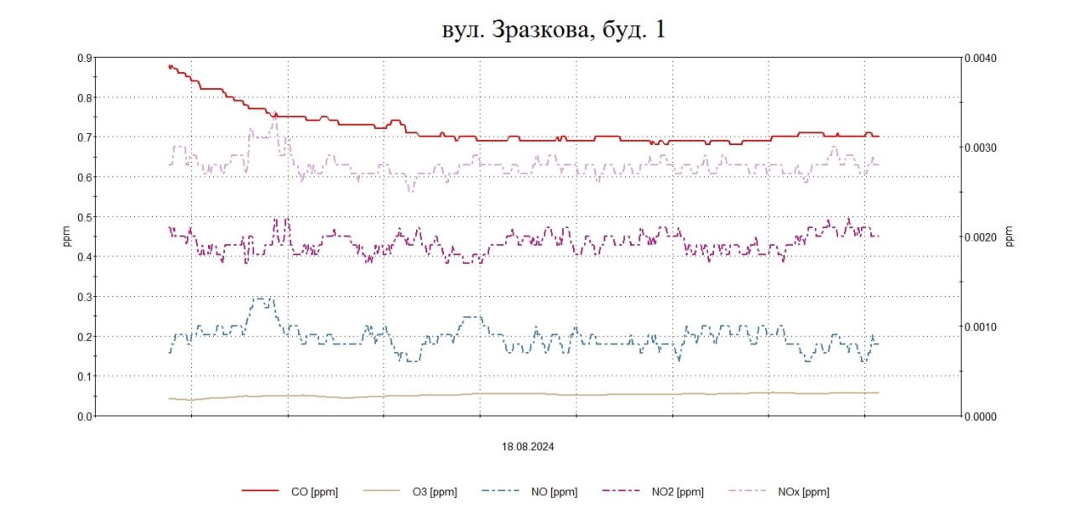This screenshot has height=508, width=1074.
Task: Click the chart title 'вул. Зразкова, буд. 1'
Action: pyautogui.click(x=554, y=30)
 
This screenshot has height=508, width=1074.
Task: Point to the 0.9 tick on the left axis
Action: pyautogui.click(x=85, y=58)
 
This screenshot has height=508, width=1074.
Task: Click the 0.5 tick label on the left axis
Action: pyautogui.click(x=85, y=217)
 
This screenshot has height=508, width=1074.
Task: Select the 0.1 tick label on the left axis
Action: pyautogui.click(x=85, y=376)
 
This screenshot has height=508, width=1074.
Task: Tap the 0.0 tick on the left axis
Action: pyautogui.click(x=85, y=416)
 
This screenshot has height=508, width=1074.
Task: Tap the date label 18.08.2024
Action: pyautogui.click(x=526, y=448)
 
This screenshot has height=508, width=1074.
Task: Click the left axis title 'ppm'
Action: pyautogui.click(x=67, y=237)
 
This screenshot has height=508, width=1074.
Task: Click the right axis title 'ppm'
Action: pyautogui.click(x=1009, y=237)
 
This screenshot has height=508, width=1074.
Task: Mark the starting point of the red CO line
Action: pyautogui.click(x=169, y=65)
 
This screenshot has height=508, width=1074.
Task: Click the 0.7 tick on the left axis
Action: pyautogui.click(x=85, y=137)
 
